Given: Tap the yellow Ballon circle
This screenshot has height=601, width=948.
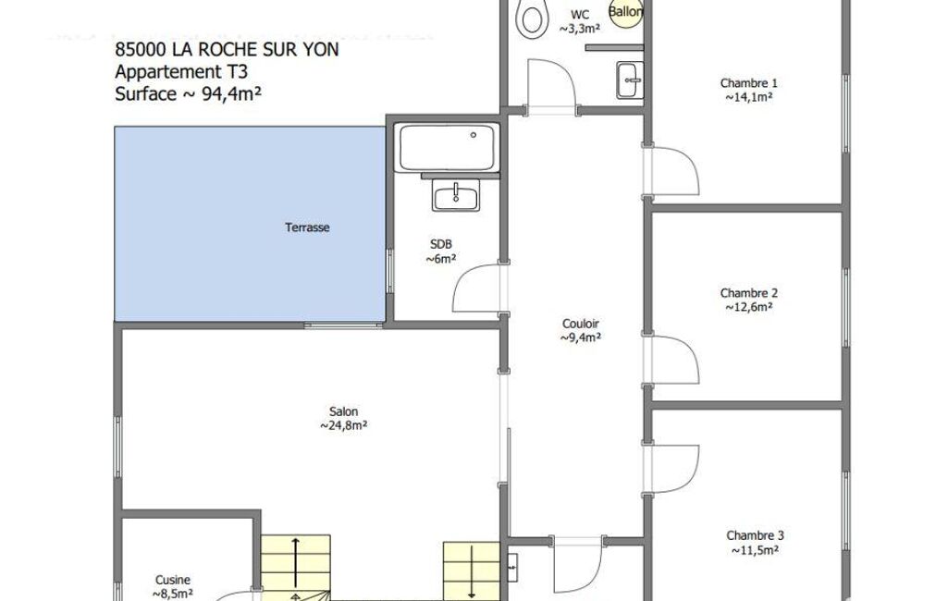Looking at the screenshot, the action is (625, 13).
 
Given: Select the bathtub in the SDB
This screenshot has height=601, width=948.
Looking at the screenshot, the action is (448, 148).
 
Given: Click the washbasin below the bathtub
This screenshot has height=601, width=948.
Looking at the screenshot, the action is (456, 195).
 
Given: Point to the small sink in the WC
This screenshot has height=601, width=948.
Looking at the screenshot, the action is (630, 80).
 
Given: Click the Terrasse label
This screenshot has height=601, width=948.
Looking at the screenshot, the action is (307, 227).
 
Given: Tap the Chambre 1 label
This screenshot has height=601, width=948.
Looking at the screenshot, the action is (748, 83).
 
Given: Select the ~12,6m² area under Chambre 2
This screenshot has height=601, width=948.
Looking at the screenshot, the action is (748, 307).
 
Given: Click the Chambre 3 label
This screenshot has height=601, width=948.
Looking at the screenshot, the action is (755, 535).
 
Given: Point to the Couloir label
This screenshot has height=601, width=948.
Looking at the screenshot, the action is (581, 324).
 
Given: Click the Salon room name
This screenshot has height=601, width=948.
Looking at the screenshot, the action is (343, 411).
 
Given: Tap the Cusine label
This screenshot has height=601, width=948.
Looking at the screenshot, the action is (173, 580).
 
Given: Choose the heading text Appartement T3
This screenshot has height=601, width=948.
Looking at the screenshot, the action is (181, 71).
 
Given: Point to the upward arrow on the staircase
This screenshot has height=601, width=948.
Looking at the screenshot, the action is (296, 562).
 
